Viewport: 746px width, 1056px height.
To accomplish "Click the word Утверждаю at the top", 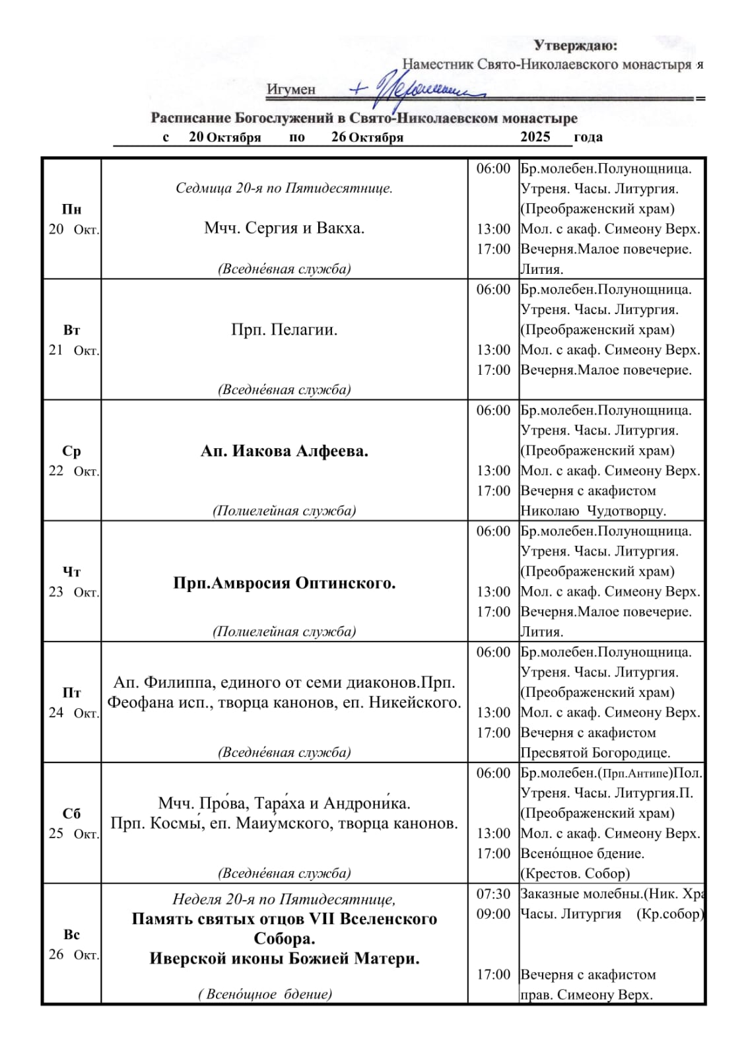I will coord(575,46).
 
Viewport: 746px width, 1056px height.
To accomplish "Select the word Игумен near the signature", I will coord(291,90).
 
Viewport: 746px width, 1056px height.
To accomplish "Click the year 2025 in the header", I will coord(535,137).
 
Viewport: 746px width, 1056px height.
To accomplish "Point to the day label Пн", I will coord(71,209).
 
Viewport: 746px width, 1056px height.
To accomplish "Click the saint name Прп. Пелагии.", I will coord(284,329).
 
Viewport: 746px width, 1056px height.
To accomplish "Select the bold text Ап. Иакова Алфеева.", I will coord(284,451).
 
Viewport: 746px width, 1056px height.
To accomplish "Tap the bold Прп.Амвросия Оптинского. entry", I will coord(284,583).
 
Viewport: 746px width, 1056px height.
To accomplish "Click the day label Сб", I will coord(71,814).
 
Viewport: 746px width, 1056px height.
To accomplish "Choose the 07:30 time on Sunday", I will coord(493,894).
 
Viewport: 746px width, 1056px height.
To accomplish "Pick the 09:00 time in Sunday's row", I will coord(493,914).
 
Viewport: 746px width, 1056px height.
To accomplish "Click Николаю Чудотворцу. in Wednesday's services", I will coord(593,511).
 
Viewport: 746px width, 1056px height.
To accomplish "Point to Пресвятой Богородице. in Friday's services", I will coord(595,752).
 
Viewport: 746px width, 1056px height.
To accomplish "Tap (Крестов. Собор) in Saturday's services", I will coord(574,873).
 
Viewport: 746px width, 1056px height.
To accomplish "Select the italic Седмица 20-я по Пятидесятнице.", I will coord(284,188).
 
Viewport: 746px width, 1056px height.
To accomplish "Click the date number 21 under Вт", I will coord(56,350).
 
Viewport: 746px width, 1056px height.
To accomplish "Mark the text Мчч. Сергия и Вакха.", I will coord(284,228).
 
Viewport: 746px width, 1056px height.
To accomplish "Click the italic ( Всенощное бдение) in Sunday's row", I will coord(265,994).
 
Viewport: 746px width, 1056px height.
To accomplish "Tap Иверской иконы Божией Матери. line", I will coord(284,958).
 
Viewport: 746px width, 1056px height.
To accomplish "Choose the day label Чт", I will coord(71,572).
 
